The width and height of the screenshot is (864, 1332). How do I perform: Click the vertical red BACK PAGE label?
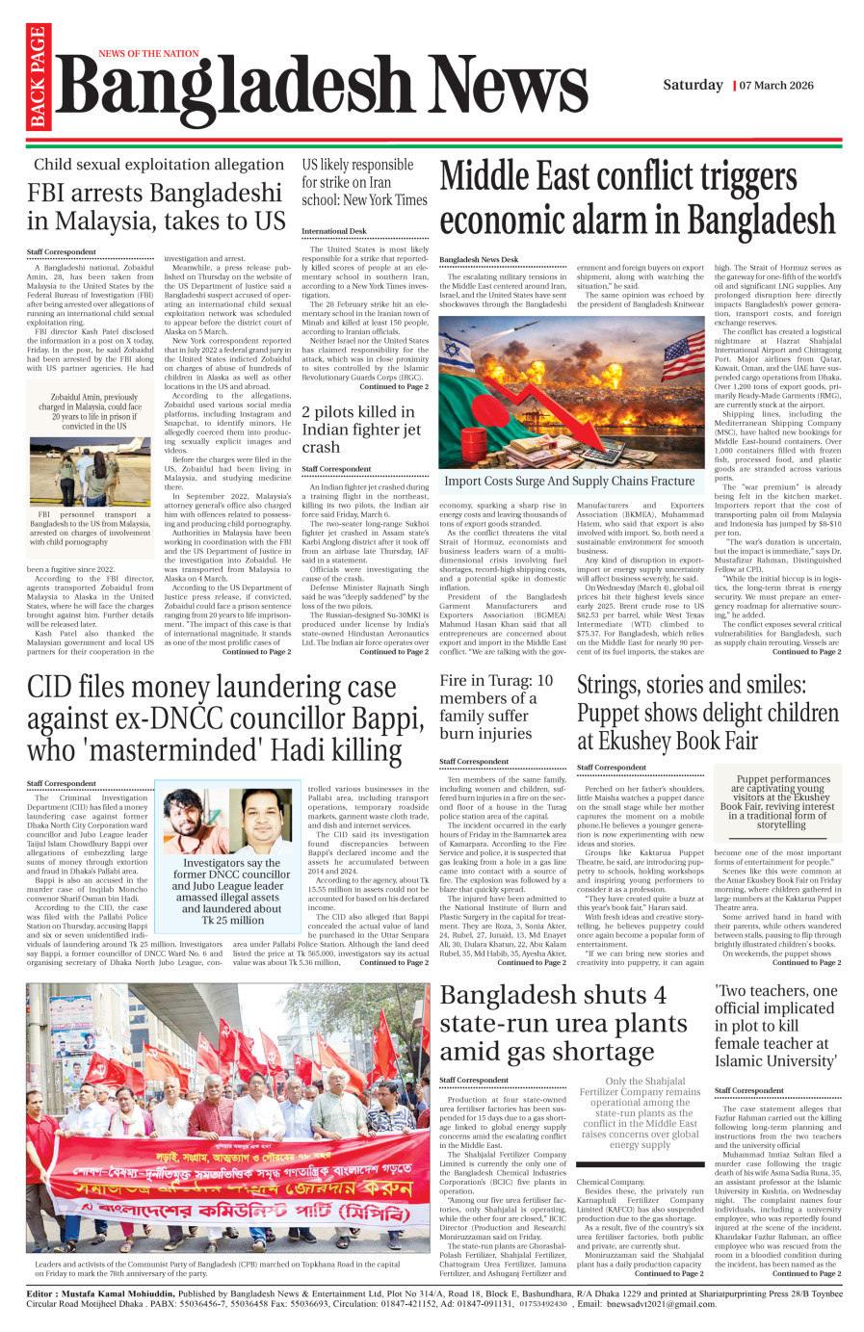[x=38, y=77]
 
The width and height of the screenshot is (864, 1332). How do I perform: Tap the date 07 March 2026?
[x=776, y=86]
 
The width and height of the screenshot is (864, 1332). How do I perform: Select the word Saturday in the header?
[x=692, y=85]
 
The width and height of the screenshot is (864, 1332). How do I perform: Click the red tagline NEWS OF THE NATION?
[x=148, y=54]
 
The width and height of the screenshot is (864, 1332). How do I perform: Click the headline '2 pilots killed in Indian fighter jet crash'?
[x=361, y=430]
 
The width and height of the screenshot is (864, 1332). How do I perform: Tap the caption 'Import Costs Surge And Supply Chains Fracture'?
[x=568, y=482]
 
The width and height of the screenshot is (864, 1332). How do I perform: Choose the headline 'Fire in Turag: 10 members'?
[x=496, y=707]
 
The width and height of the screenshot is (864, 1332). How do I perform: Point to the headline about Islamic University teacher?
[x=775, y=1026]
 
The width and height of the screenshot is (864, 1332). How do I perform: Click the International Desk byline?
[x=334, y=231]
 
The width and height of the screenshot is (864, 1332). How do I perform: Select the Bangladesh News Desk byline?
[x=479, y=260]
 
